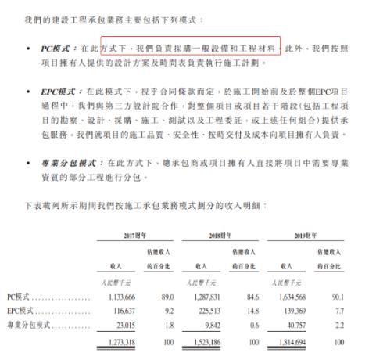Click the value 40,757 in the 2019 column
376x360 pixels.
click(298, 324)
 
